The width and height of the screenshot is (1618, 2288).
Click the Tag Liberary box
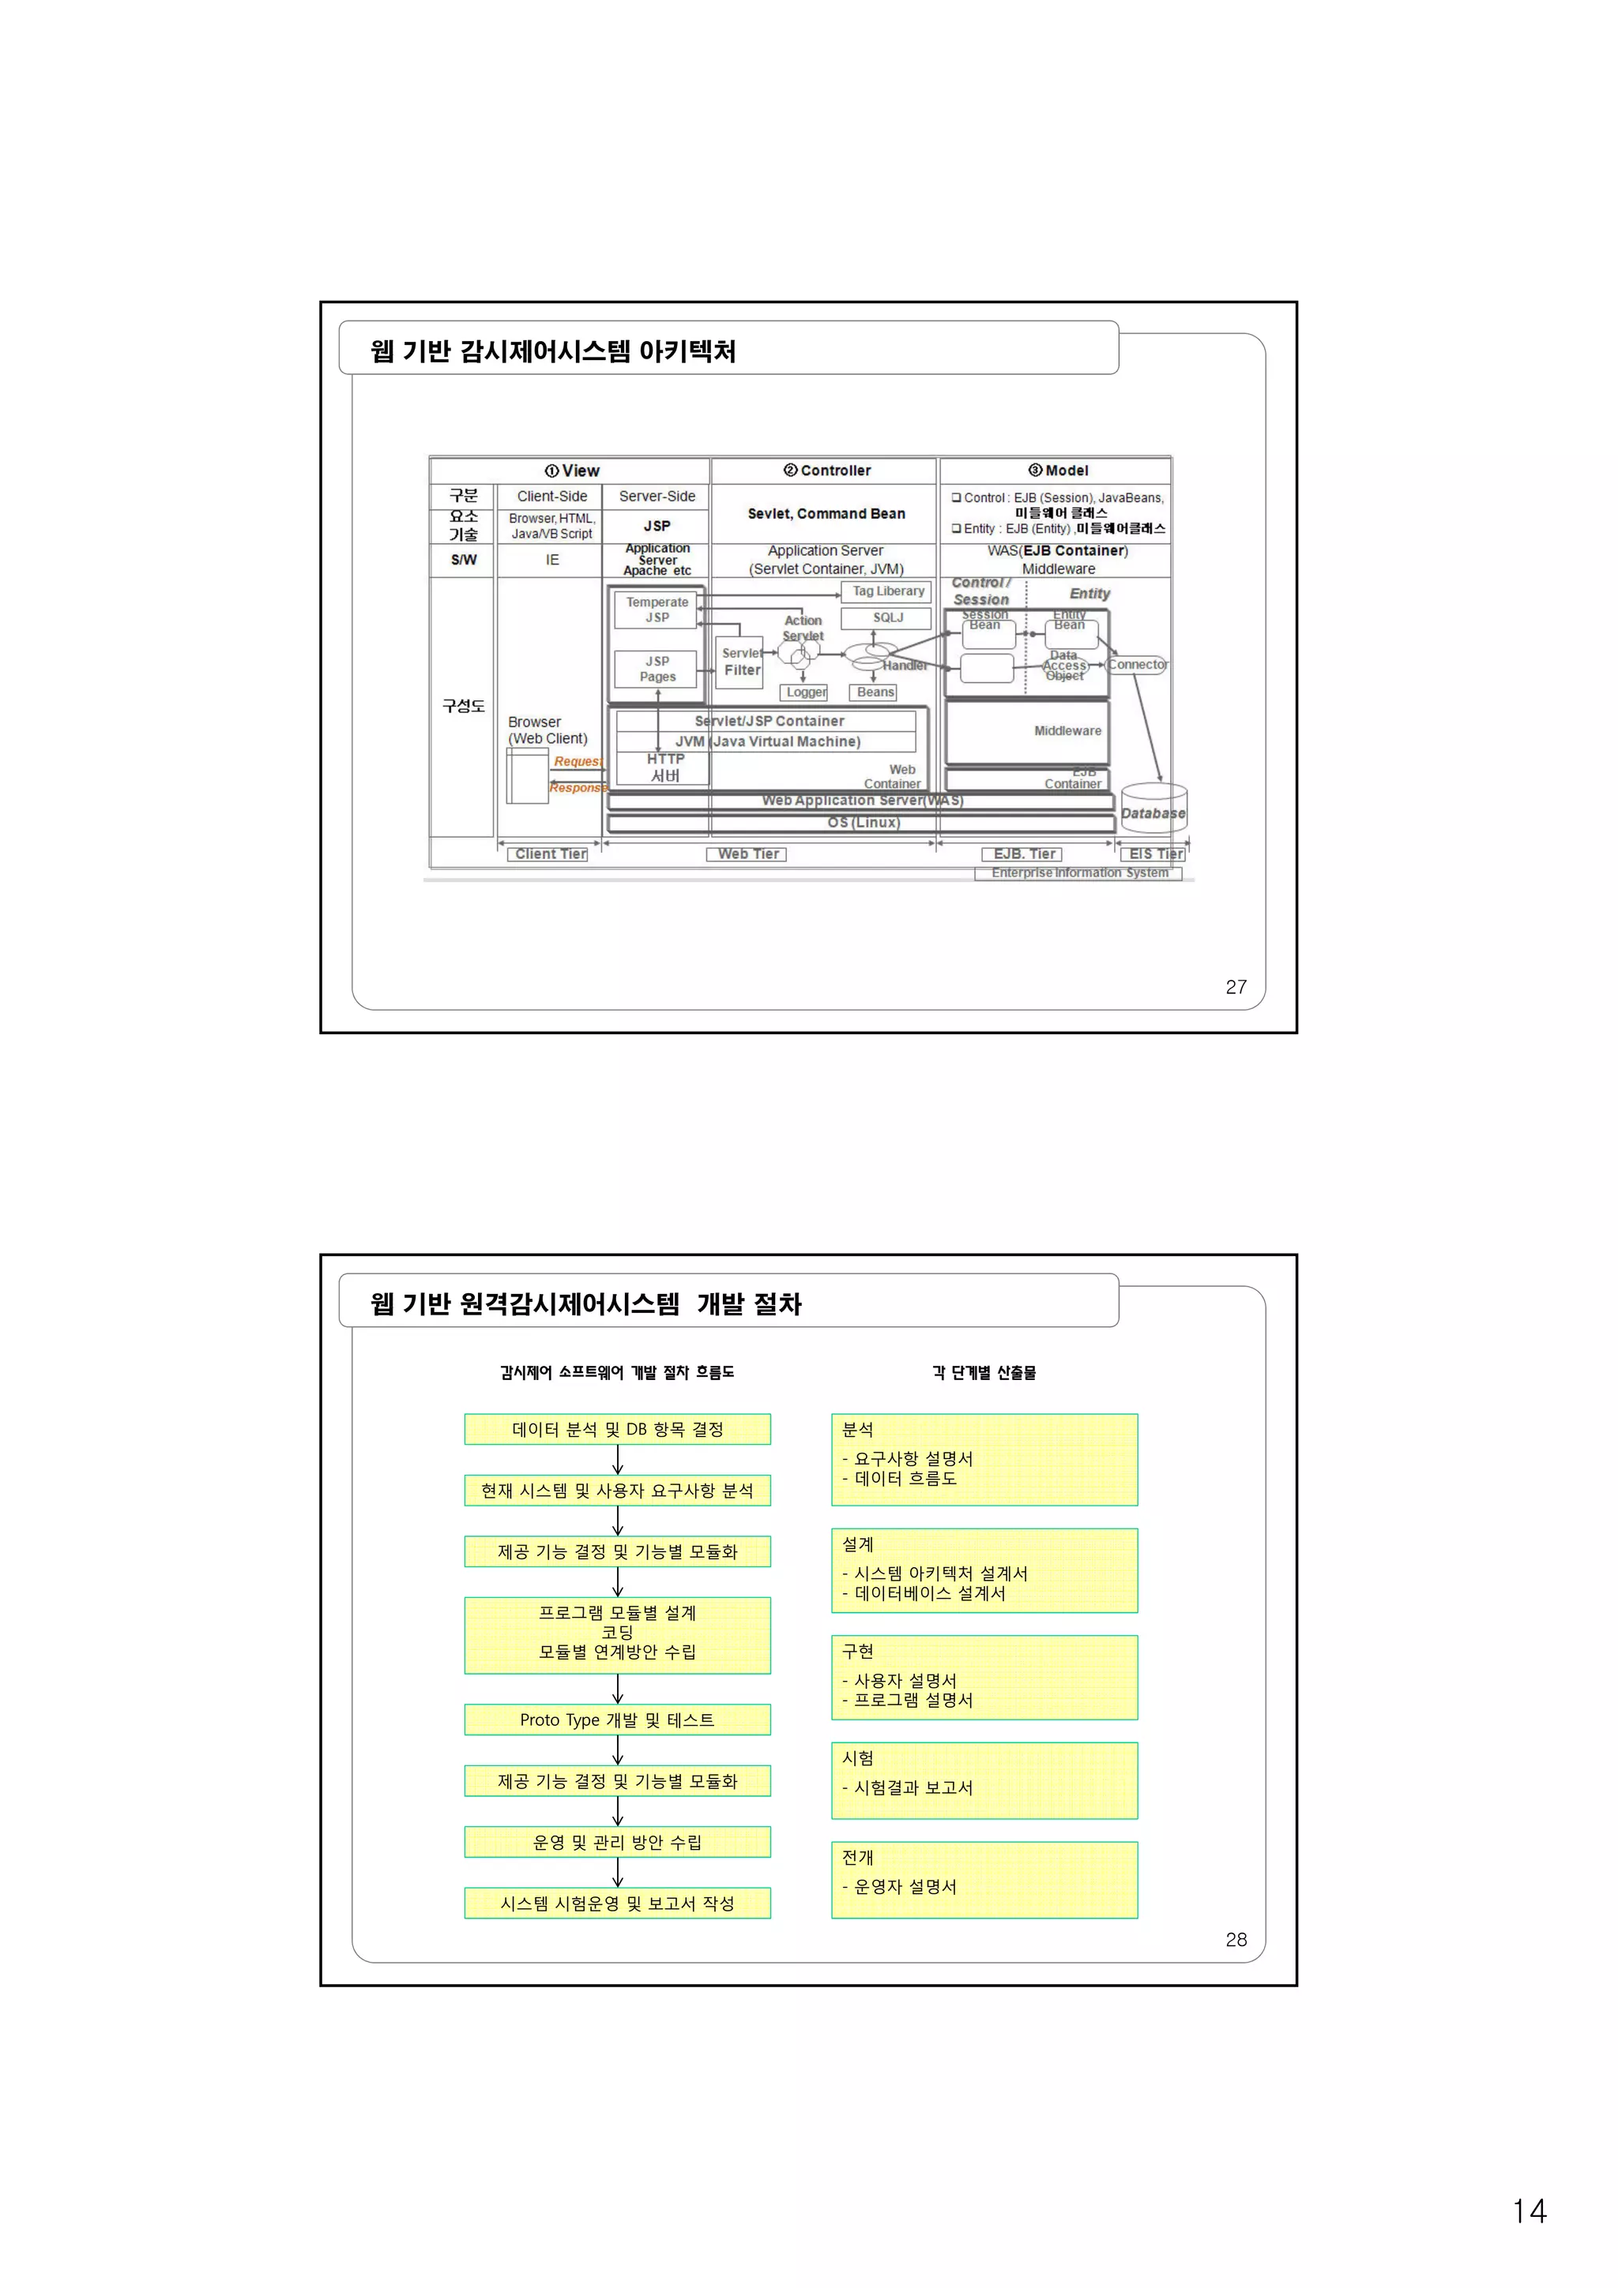(x=887, y=591)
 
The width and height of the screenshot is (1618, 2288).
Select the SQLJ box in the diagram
(x=887, y=618)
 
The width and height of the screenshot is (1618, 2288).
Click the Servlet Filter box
(x=742, y=662)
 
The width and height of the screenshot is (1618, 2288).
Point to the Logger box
(x=806, y=692)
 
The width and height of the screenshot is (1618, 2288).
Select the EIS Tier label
(x=1155, y=854)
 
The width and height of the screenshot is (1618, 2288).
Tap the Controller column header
(x=826, y=471)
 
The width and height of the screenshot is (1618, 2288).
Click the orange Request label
(x=578, y=761)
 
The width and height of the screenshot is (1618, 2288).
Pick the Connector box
(x=1137, y=665)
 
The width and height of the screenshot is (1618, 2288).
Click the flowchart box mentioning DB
(x=617, y=1429)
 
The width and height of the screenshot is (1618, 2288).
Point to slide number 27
(x=1235, y=987)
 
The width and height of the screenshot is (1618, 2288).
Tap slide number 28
(x=1235, y=1939)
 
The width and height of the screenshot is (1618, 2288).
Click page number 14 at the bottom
(x=1528, y=2211)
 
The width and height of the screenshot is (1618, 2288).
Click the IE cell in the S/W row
(x=551, y=560)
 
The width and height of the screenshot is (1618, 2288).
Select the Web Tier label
(x=747, y=854)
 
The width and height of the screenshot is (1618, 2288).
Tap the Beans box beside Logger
(x=875, y=692)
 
